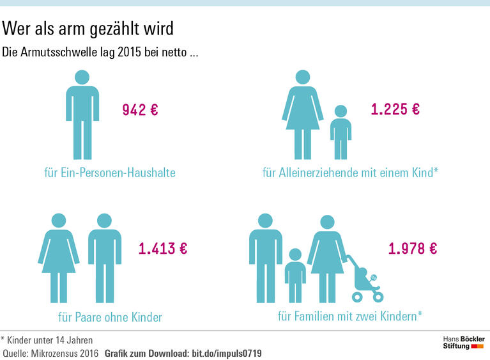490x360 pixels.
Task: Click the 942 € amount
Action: click(x=140, y=110)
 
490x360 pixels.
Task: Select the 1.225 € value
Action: click(x=395, y=109)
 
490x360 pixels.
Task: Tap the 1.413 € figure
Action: click(x=163, y=249)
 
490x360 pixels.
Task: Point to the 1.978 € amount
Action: click(x=413, y=249)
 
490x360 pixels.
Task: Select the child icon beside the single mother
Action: click(x=341, y=132)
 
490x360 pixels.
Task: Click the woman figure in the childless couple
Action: click(x=58, y=256)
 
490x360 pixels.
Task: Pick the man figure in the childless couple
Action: click(x=104, y=256)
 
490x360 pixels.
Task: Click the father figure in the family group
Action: click(x=264, y=256)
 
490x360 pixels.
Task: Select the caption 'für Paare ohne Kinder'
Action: click(x=110, y=317)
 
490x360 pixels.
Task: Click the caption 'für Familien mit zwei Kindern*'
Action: click(x=350, y=316)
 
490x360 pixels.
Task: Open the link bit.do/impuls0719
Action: click(x=227, y=353)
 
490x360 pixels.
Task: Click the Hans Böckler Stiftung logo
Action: click(x=464, y=342)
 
